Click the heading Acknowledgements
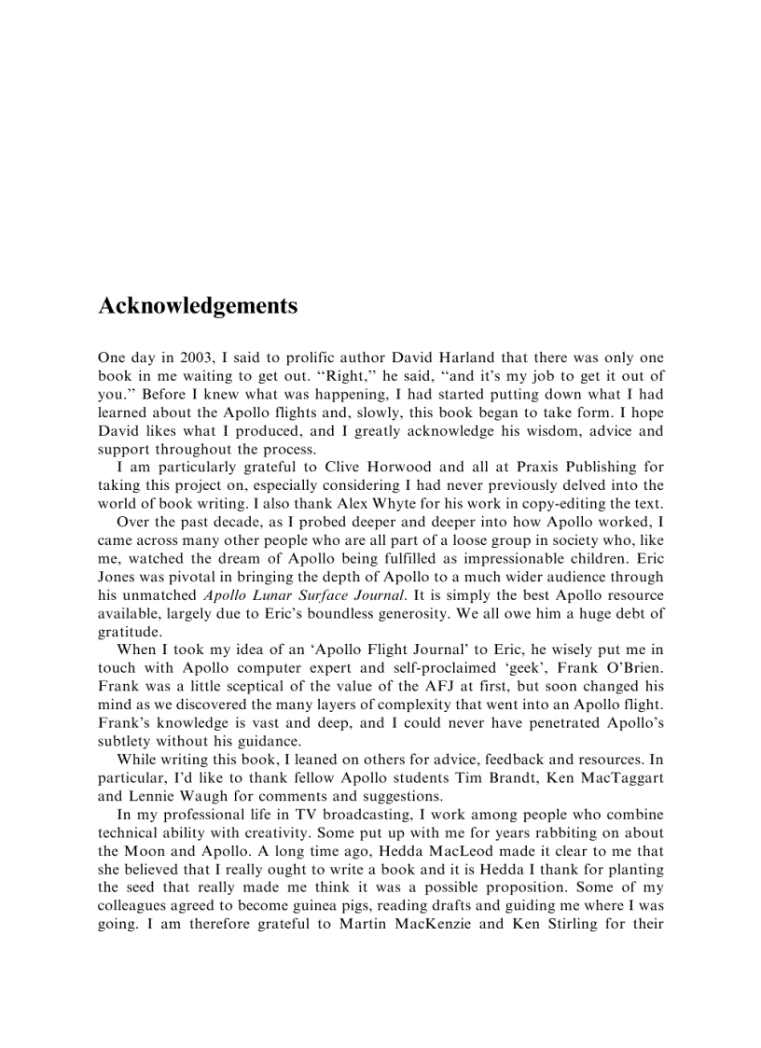click(198, 306)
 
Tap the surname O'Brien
click(630, 668)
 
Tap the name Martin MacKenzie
click(402, 925)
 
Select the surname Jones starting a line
click(118, 594)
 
